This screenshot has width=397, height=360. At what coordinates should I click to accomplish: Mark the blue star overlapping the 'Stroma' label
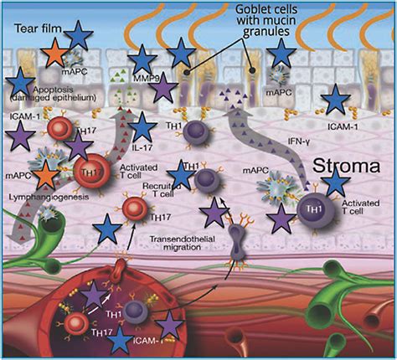[x=337, y=182]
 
